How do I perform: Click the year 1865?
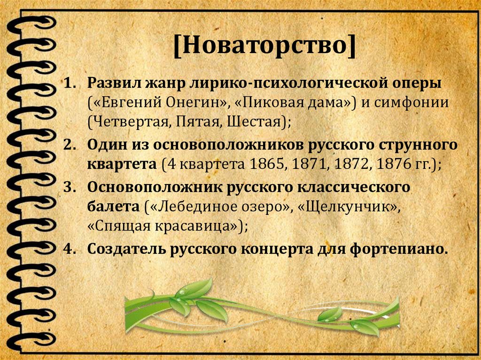pos(264,165)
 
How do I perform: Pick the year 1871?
pos(306,165)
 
